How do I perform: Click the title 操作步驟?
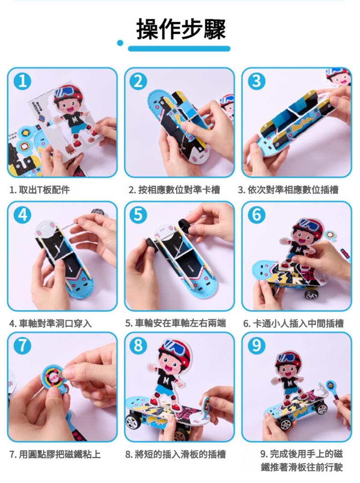pyautogui.click(x=181, y=29)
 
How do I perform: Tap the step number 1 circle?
pyautogui.click(x=22, y=81)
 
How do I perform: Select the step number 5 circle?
pyautogui.click(x=138, y=215)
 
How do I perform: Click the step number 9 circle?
pyautogui.click(x=256, y=345)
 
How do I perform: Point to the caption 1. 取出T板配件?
pyautogui.click(x=40, y=190)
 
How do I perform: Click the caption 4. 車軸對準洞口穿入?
pyautogui.click(x=50, y=323)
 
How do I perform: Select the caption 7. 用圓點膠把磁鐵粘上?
pyautogui.click(x=55, y=454)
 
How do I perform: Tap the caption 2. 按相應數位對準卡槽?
pyautogui.click(x=175, y=190)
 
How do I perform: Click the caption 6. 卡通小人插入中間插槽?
pyautogui.click(x=293, y=323)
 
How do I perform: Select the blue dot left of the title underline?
pyautogui.click(x=120, y=43)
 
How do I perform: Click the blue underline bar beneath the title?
pyautogui.click(x=179, y=49)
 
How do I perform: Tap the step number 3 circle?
pyautogui.click(x=256, y=81)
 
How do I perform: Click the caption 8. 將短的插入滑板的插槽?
pyautogui.click(x=175, y=454)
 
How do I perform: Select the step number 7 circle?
pyautogui.click(x=22, y=345)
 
